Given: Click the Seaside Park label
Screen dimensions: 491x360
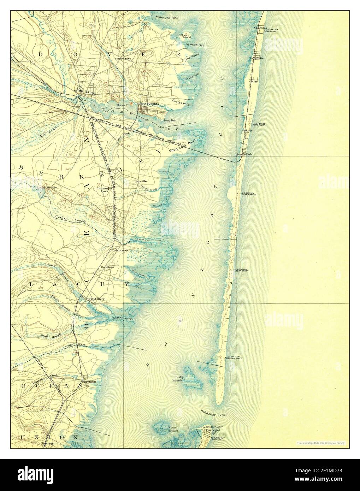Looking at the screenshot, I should (244, 155).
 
